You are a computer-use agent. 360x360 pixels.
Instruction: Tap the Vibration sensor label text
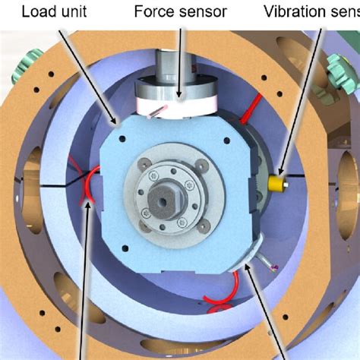point(312,11)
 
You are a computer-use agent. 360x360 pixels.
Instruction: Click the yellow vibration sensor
point(278,182)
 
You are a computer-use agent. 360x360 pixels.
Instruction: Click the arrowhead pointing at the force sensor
point(180,96)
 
